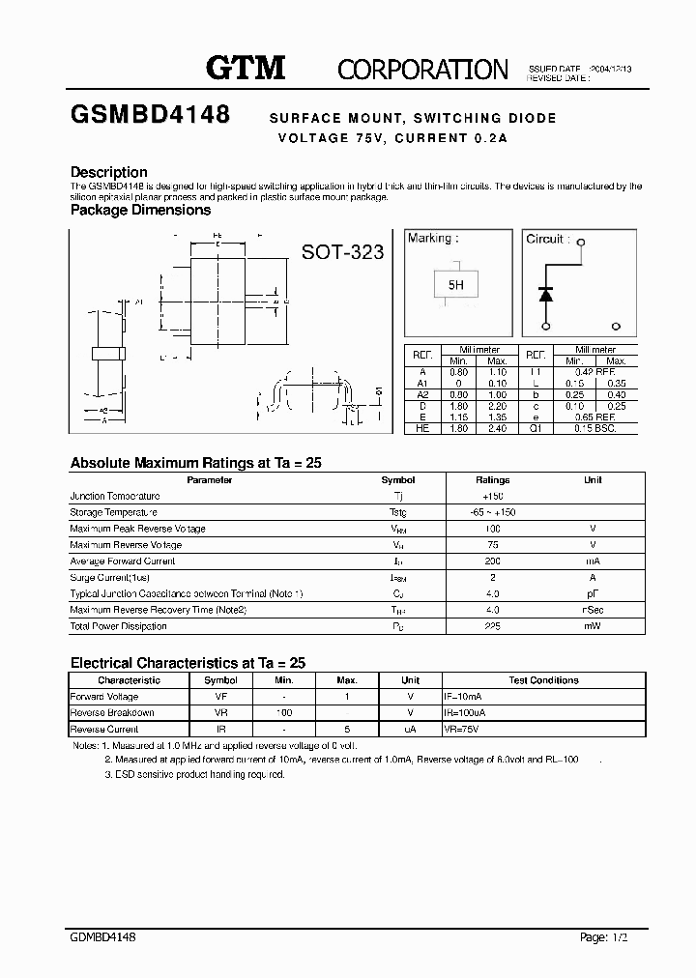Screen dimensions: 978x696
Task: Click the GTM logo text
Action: [246, 67]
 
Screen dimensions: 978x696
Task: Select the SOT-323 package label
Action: [342, 252]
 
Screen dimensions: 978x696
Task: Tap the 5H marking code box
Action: [455, 285]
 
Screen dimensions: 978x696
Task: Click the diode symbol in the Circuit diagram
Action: [545, 294]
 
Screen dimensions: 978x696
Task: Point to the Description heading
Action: [109, 172]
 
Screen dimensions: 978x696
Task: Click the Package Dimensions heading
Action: [140, 210]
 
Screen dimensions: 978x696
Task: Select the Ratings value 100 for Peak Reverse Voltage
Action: [492, 529]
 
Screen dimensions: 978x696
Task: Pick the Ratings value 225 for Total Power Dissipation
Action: [492, 626]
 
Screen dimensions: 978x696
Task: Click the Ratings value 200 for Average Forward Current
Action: [492, 561]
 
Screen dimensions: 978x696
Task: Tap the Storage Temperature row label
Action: [113, 512]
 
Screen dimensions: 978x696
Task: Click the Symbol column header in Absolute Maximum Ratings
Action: [398, 480]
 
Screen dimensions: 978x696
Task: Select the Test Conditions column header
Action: [543, 680]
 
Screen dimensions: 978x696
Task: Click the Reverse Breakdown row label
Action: [111, 713]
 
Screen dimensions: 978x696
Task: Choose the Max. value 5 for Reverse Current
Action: [347, 730]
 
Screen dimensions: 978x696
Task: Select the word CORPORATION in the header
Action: [421, 69]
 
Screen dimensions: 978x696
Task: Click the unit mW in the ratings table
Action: [593, 626]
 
